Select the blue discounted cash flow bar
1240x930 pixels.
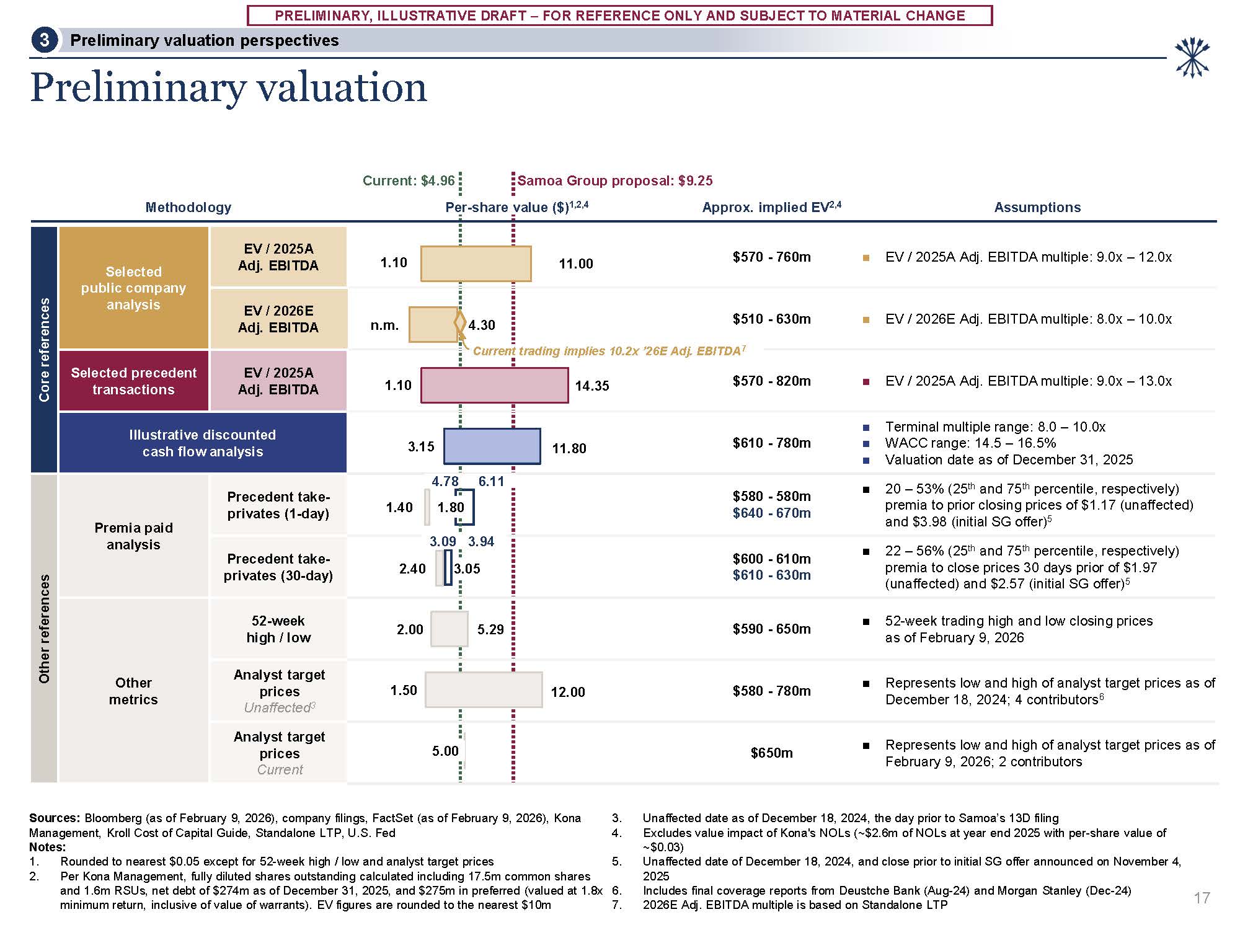click(x=492, y=446)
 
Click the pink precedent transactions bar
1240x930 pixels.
click(x=494, y=385)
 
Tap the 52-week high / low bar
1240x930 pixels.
click(x=449, y=629)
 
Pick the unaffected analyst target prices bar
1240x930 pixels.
click(x=484, y=690)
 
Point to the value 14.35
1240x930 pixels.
click(x=591, y=386)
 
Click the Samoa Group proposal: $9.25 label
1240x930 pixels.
click(x=614, y=180)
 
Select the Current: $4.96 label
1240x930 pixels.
click(x=409, y=180)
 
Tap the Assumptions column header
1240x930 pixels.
click(x=1037, y=207)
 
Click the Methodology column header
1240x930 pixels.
click(x=188, y=207)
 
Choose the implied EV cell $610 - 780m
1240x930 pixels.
click(x=771, y=443)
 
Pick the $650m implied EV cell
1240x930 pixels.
click(x=771, y=753)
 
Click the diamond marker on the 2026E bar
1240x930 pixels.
click(x=460, y=322)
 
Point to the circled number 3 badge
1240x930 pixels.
click(x=44, y=40)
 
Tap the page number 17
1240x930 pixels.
click(x=1202, y=898)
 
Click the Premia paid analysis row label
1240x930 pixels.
click(x=133, y=536)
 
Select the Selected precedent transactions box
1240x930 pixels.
click(x=133, y=381)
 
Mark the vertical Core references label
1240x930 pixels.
click(x=44, y=350)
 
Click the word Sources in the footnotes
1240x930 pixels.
click(x=55, y=818)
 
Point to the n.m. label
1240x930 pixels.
click(x=384, y=325)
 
